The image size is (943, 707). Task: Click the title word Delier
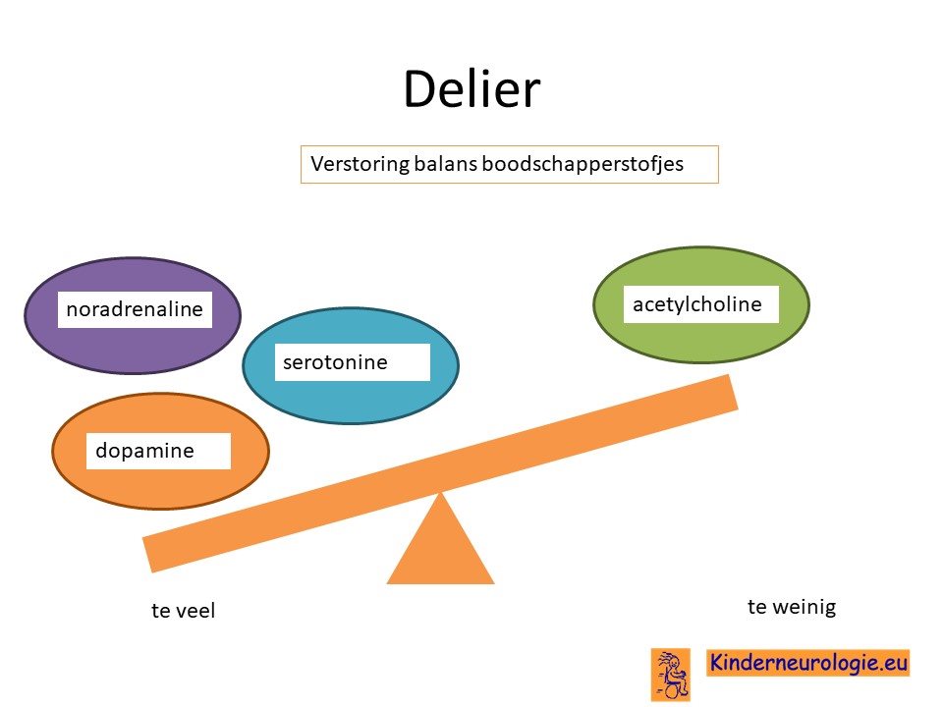(x=471, y=89)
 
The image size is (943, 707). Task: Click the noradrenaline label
(x=135, y=309)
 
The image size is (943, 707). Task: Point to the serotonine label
(x=335, y=362)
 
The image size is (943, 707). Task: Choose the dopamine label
(x=144, y=451)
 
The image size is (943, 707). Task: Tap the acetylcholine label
(x=697, y=304)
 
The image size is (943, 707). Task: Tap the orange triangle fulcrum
(x=440, y=547)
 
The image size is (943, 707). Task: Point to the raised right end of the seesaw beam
(x=733, y=392)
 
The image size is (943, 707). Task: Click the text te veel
(x=183, y=610)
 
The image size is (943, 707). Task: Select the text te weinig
(x=792, y=607)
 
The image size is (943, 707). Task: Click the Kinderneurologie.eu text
(x=807, y=662)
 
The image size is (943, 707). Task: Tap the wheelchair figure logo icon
(x=671, y=675)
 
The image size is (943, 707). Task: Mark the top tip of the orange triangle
(x=440, y=492)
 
